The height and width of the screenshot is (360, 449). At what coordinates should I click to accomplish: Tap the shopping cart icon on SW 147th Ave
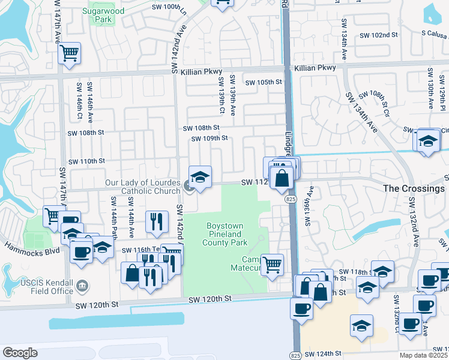pyautogui.click(x=70, y=53)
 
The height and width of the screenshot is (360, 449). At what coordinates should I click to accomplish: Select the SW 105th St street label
pyautogui.click(x=263, y=82)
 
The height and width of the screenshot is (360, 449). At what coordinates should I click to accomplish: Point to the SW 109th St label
pyautogui.click(x=209, y=139)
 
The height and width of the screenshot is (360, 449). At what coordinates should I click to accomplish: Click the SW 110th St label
pyautogui.click(x=86, y=161)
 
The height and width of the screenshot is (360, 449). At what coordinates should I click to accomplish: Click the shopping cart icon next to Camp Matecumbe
pyautogui.click(x=273, y=263)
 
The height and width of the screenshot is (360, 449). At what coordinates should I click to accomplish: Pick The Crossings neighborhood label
pyautogui.click(x=414, y=188)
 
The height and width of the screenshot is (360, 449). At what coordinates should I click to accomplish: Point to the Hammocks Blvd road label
pyautogui.click(x=30, y=248)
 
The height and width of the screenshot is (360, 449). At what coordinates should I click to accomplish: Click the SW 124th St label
pyautogui.click(x=323, y=354)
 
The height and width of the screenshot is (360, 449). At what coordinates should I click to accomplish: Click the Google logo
pyautogui.click(x=20, y=352)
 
